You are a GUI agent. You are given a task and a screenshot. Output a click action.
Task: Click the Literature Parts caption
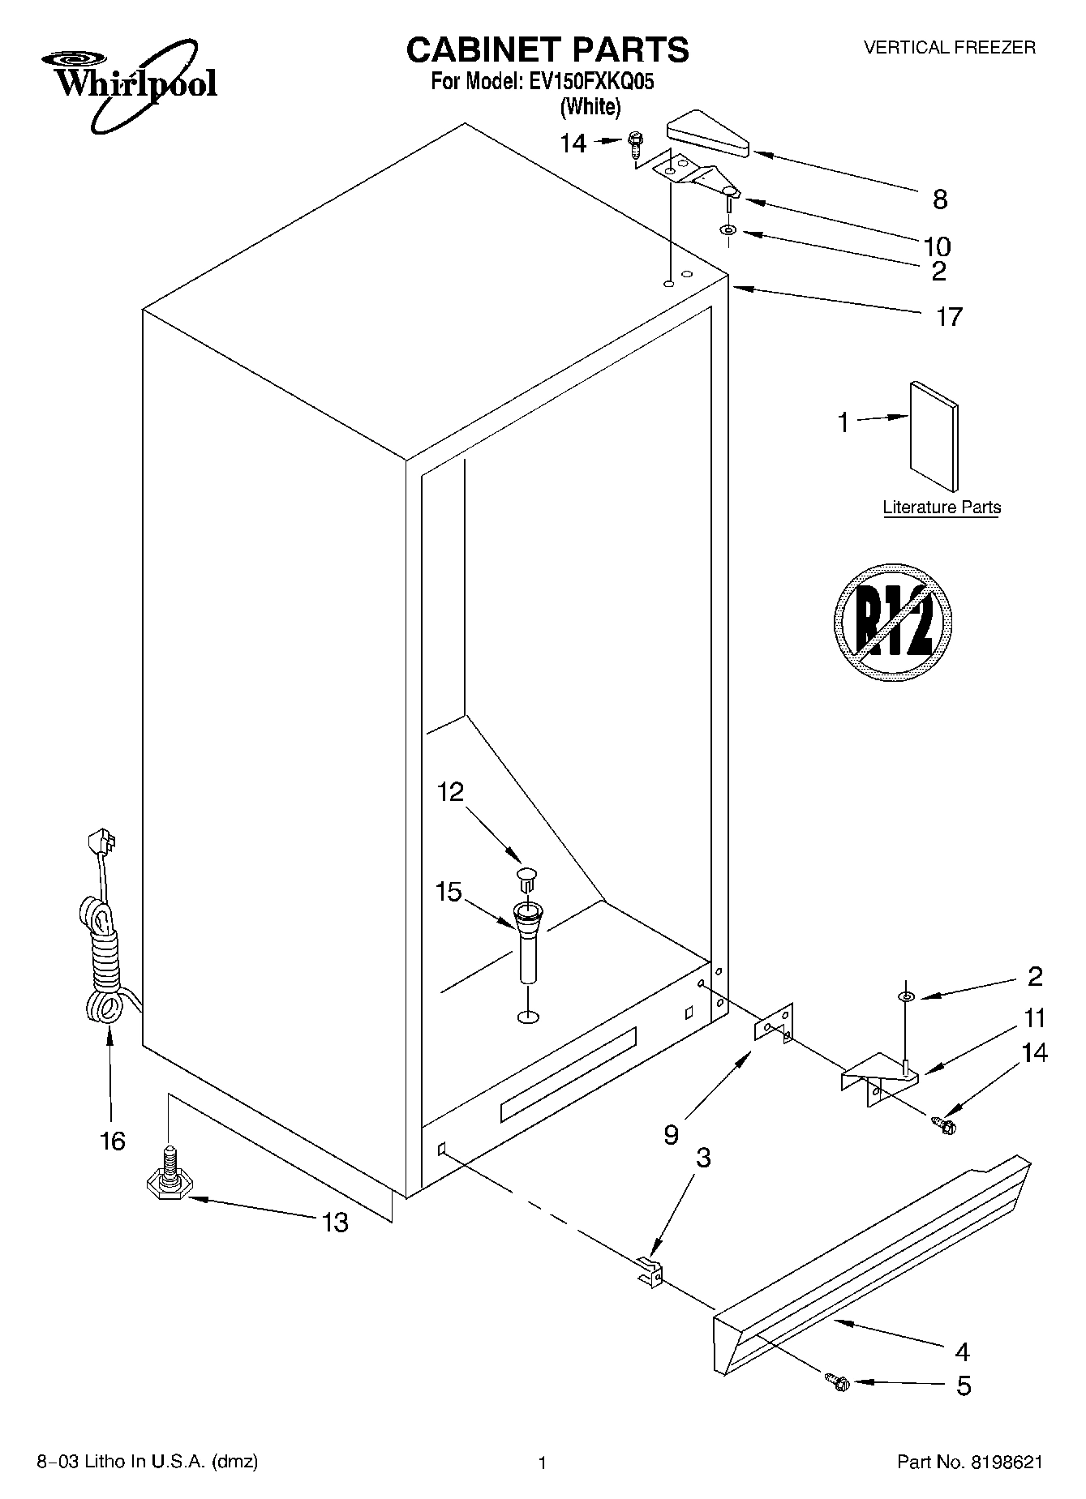point(942,508)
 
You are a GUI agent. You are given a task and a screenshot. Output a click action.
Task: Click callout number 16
point(113,1141)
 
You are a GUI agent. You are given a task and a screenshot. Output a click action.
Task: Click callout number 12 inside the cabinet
point(450,791)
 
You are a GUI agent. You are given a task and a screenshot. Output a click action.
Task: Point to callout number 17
point(948,316)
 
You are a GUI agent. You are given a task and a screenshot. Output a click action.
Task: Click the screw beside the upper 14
point(635,147)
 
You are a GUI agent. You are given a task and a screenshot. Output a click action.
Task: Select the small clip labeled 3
point(649,1270)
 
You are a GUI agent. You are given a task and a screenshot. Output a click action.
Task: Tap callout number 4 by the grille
point(963,1351)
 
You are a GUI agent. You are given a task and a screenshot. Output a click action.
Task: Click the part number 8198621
point(1004,1463)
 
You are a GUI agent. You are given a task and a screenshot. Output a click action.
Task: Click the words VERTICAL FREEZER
point(949,48)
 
